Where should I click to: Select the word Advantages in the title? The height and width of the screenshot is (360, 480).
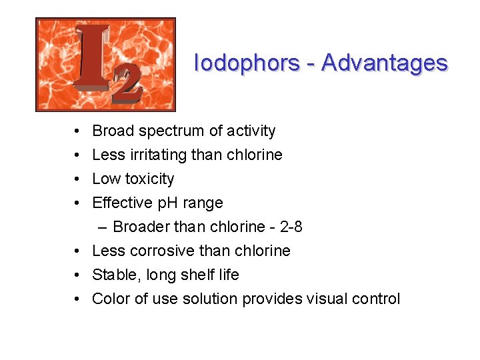click(x=384, y=63)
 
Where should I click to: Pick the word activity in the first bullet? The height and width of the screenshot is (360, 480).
click(x=250, y=131)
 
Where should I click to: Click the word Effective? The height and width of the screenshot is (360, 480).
click(x=121, y=203)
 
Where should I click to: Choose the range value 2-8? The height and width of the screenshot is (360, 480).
click(x=291, y=227)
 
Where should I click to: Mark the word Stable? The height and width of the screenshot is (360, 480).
click(x=111, y=275)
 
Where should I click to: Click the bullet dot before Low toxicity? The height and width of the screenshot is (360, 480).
click(x=78, y=179)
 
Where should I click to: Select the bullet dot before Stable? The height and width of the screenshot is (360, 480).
click(x=78, y=275)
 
